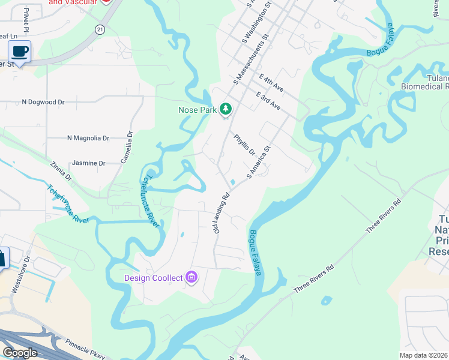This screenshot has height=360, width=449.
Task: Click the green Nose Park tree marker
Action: (x=226, y=109)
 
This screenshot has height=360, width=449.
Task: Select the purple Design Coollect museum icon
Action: (x=191, y=277)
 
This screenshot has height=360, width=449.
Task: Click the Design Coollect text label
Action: (x=154, y=278)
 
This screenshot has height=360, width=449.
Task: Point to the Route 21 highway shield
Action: (x=100, y=29)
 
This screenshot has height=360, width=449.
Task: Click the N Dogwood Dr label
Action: (x=43, y=102)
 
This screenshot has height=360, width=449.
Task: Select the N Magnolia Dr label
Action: (x=88, y=138)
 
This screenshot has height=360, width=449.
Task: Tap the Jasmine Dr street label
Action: (x=88, y=163)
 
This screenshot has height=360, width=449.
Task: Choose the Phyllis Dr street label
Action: (x=245, y=144)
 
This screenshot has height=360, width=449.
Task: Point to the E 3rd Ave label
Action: (x=268, y=100)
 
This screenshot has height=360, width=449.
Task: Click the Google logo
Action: (x=20, y=353)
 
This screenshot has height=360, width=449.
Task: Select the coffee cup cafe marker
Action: (x=19, y=52)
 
